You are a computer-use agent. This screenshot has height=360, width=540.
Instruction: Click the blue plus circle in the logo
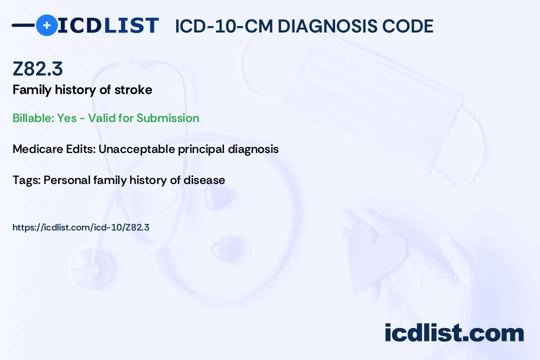pos(46,25)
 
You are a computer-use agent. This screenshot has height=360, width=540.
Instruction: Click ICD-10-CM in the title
pos(224,26)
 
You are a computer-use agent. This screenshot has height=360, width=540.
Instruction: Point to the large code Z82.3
pos(37,68)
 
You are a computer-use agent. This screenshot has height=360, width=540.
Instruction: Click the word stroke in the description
pos(133,90)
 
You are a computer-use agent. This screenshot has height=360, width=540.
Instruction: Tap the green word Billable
pos(33,118)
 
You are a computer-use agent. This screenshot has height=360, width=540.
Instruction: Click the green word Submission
pos(167,118)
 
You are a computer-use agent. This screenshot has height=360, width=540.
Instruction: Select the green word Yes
pos(67,118)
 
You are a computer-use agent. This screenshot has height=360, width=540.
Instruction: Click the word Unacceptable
pos(136,149)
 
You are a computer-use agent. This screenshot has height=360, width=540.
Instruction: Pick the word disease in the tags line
pos(204,180)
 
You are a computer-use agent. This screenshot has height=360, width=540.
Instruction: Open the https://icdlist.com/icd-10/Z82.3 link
pos(81,227)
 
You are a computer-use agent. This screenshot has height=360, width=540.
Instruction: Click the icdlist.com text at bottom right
pos(454,332)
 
